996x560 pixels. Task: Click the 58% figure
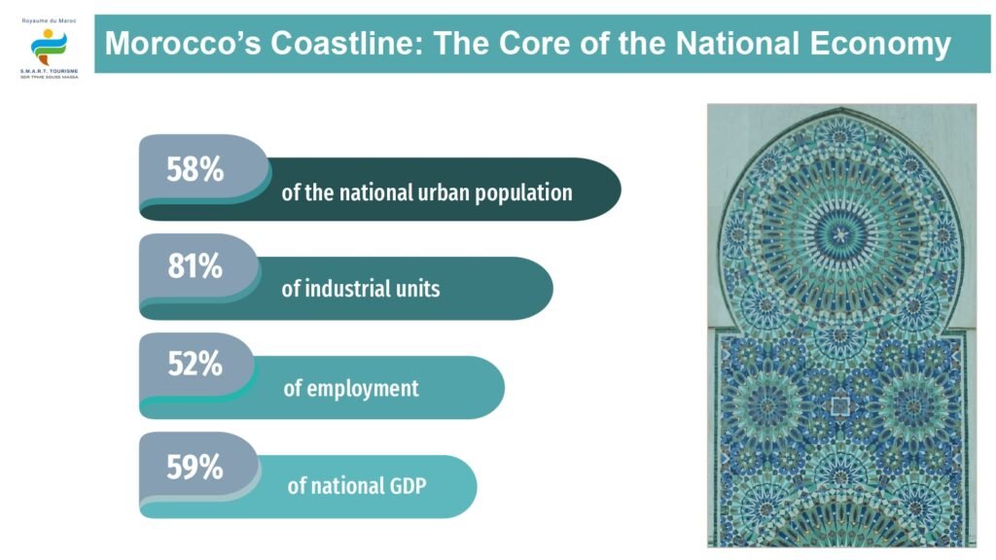tap(195, 169)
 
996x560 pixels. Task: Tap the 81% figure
tap(195, 266)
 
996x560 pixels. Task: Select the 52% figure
tap(195, 364)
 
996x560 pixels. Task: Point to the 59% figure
tap(195, 467)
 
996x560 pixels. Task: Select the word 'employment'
tap(363, 389)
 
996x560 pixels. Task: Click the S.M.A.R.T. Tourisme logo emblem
tap(49, 47)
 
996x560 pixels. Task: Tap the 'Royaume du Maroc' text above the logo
tap(49, 21)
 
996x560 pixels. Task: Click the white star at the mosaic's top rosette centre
tap(840, 235)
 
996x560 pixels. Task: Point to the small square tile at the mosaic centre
tap(840, 405)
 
